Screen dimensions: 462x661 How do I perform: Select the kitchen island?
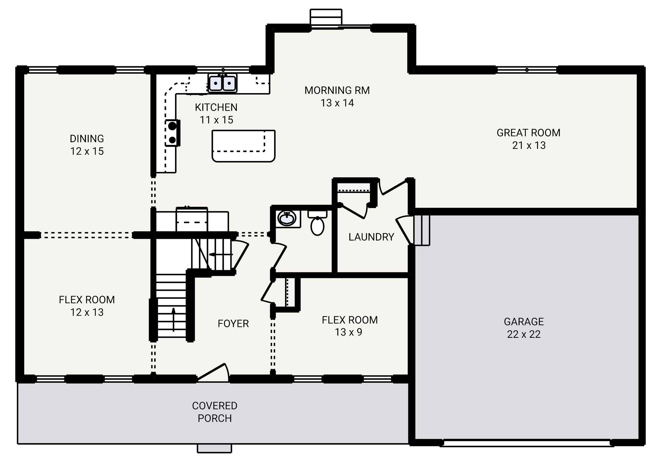coord(243,146)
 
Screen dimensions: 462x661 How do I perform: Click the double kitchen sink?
coord(222,83)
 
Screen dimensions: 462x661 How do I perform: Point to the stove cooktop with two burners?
coord(172,133)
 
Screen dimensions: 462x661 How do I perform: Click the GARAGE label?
coord(524,321)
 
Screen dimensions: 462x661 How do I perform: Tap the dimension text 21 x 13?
coord(529,145)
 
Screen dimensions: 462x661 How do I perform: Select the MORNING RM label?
coord(337,90)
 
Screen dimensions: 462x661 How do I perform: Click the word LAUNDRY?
coord(371,237)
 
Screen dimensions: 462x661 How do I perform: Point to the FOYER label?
coord(233,324)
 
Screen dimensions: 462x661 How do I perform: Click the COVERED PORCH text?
coord(215,412)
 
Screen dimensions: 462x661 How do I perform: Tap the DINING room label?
coord(87,139)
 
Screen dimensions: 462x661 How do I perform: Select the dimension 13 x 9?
coord(348,332)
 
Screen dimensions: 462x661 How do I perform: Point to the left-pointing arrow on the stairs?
coord(221,254)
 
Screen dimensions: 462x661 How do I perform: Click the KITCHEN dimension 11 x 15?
coord(216,120)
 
